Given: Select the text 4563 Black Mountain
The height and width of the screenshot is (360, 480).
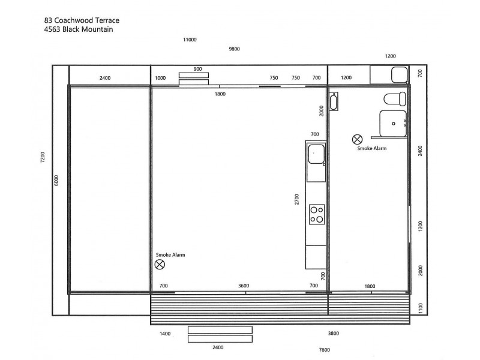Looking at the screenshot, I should (x=79, y=28).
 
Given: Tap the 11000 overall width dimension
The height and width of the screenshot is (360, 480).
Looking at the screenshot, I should (x=190, y=40).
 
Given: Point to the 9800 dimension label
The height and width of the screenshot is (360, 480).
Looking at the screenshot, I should (x=235, y=49).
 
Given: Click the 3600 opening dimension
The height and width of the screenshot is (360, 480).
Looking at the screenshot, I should (x=244, y=286).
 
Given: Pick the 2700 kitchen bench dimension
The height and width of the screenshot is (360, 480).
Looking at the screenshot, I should (x=296, y=200).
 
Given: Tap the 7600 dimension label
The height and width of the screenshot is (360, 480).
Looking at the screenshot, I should (x=324, y=350).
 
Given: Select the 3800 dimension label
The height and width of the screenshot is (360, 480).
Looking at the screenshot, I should (x=334, y=334).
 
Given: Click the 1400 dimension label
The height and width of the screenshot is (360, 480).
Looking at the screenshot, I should (x=165, y=334).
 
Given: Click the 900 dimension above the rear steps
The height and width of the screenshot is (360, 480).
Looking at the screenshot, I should (x=197, y=69).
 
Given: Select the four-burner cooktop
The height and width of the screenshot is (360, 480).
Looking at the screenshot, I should (x=316, y=214).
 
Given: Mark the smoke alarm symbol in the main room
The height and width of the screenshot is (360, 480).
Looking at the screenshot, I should (x=160, y=264).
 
